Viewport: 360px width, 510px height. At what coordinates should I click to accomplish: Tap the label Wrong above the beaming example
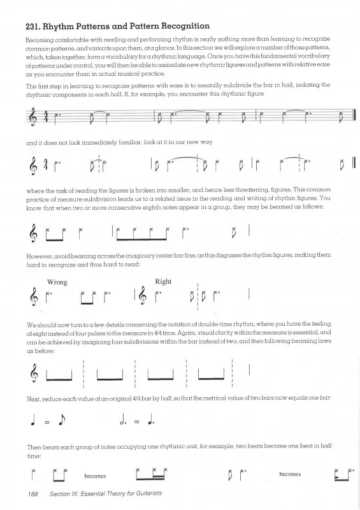pos(57,282)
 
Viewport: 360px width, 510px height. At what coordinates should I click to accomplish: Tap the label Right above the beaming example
pos(163,282)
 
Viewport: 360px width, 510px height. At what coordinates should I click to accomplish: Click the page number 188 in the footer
pos(33,494)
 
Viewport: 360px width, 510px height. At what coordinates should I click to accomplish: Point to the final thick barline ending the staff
pos(354,116)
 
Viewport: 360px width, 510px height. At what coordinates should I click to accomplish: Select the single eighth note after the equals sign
pos(61,420)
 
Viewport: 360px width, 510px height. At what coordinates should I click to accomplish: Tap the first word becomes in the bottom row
pos(95,476)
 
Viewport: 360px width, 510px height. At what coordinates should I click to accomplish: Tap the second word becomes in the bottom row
pos(290,474)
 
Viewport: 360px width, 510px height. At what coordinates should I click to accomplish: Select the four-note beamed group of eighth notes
pos(142,233)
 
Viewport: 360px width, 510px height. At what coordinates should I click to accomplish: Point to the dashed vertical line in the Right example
pos(198,296)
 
